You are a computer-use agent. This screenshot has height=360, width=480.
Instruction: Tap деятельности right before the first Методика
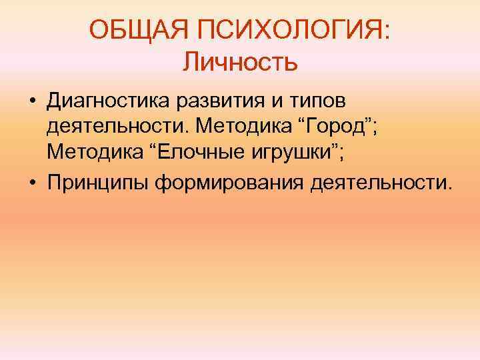coord(115,127)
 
